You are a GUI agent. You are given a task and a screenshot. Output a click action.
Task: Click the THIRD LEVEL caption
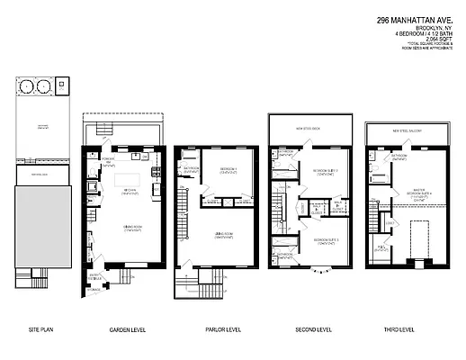coord(406,330)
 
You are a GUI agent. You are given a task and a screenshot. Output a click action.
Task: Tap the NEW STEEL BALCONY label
coord(406,130)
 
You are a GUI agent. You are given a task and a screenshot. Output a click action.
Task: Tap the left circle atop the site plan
coord(25,87)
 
